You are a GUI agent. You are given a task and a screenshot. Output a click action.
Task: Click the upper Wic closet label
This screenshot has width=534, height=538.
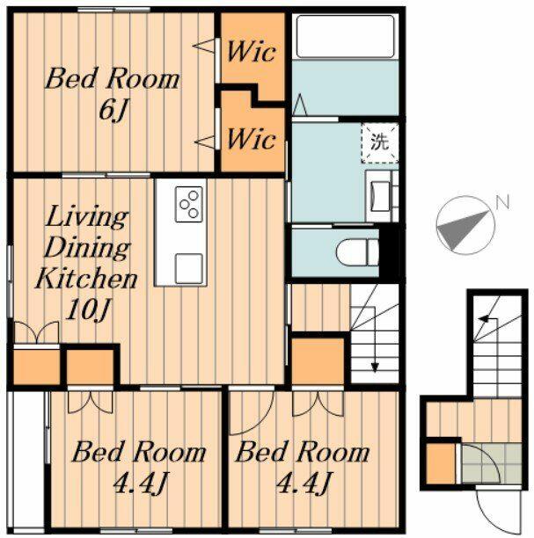pos(252,50)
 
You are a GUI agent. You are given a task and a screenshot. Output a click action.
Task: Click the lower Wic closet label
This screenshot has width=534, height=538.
pos(252,139)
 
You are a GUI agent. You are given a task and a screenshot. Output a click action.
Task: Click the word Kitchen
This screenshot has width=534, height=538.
pos(85,280)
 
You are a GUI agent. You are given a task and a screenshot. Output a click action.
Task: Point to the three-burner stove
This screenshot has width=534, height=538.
pos(189,206)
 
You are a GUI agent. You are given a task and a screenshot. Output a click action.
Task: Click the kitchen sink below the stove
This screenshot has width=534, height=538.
pos(189,265)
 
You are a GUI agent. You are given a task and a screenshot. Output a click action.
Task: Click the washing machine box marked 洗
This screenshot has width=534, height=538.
pos(379,143)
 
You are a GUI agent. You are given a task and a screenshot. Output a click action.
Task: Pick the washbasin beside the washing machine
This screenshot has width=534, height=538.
pos(381,193)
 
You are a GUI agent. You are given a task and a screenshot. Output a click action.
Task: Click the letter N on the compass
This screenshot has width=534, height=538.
pos(501,202)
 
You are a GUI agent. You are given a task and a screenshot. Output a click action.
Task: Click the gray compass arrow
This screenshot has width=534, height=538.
pos(463,227)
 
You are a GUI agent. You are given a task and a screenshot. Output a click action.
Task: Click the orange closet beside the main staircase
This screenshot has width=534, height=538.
pos(317,360)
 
